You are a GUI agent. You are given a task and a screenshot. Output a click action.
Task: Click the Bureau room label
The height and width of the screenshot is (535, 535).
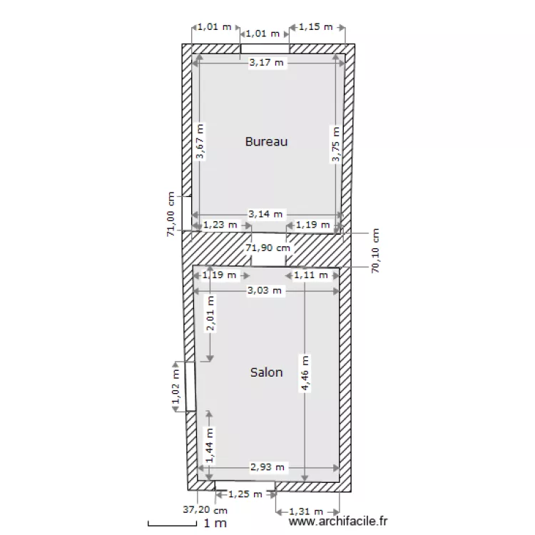pos(267,142)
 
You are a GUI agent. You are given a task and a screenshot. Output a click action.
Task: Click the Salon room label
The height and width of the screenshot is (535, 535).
pos(267,372)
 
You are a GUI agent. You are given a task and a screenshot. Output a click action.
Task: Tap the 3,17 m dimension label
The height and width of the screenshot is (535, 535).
pos(267,63)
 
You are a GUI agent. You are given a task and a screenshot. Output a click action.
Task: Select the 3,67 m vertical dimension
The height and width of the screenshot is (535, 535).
pos(200,141)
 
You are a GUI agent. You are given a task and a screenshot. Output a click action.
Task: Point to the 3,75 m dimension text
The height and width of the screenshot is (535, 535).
pos(336,144)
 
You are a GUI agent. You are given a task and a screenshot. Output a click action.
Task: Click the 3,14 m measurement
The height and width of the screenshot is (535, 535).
pos(265,214)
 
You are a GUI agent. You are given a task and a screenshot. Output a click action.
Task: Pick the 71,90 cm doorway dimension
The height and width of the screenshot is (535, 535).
pos(267,248)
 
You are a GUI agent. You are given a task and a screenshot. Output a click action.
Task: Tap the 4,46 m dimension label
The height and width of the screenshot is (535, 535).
pos(305,373)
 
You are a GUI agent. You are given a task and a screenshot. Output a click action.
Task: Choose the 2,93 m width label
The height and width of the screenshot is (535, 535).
pos(267,467)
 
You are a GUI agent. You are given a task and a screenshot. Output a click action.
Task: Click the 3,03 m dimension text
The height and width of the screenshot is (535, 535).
pos(265,290)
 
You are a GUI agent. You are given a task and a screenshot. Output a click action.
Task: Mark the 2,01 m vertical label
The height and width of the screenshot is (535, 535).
pos(210,314)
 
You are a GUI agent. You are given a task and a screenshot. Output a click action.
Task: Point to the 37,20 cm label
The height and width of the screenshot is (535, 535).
pos(205,510)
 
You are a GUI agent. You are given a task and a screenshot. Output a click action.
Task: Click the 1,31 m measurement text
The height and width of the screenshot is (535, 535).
pos(306,511)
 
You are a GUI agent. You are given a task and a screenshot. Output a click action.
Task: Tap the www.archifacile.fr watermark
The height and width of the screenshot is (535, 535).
pos(338,521)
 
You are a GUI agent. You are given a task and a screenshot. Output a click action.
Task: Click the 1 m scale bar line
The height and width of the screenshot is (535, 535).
pos(173,524)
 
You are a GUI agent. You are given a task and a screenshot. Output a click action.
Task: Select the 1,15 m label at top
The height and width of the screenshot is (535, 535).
pos(315,26)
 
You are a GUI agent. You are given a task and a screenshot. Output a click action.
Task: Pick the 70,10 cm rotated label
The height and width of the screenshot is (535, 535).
pos(375,251)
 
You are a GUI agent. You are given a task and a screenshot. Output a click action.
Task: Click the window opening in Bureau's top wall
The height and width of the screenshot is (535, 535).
pos(265,49)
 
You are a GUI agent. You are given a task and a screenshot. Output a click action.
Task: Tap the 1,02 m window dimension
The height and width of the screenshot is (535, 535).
pos(176,387)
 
